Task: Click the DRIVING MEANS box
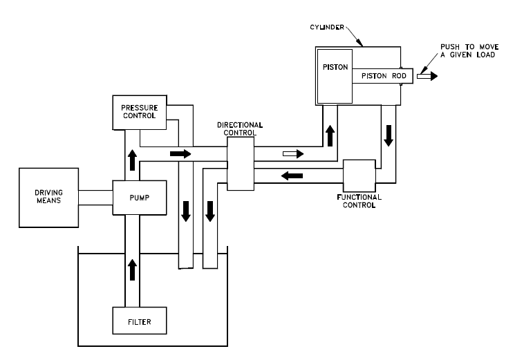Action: tap(48, 197)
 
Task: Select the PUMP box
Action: tap(139, 197)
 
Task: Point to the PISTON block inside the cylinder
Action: tap(335, 75)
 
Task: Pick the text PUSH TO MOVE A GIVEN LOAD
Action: tap(469, 50)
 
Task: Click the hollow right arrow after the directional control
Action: tap(292, 153)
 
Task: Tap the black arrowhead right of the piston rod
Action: tap(432, 76)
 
